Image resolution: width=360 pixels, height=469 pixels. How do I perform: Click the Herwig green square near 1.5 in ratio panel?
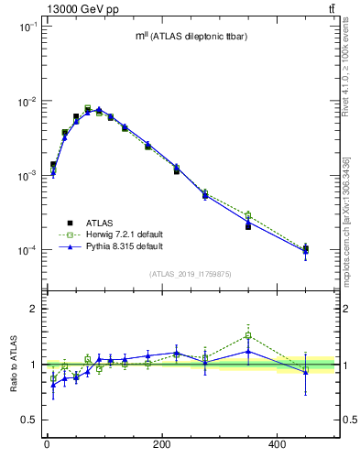point(248,335)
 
